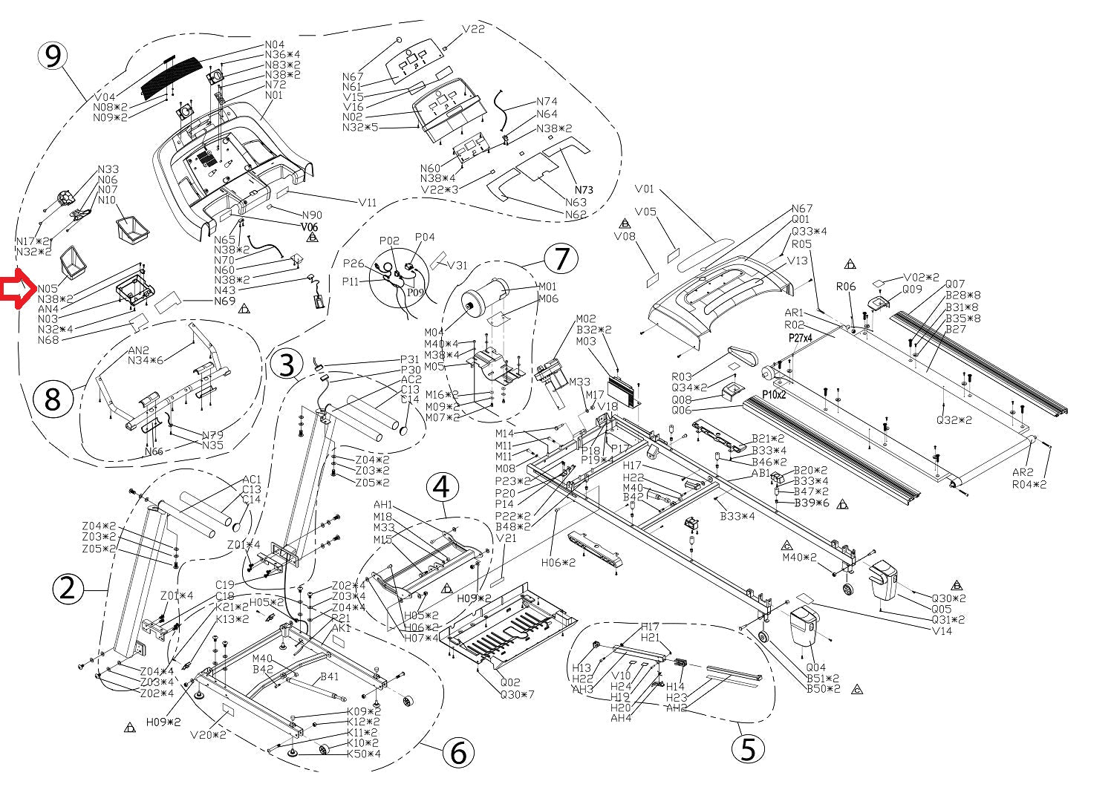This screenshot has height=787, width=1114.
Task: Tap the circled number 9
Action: tap(53, 57)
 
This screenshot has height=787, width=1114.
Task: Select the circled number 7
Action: tap(561, 258)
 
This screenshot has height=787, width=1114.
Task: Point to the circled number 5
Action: tap(748, 748)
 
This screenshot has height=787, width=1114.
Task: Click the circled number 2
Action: tap(68, 589)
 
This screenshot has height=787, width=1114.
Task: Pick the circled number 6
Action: tap(458, 753)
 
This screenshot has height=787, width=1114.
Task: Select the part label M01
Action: tap(547, 287)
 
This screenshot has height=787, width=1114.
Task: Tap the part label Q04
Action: tap(815, 667)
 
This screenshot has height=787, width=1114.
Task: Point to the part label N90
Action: tap(311, 215)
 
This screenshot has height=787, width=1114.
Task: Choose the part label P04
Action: tap(425, 238)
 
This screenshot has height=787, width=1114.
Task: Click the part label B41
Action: tap(330, 676)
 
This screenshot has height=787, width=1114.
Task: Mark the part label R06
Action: tap(846, 286)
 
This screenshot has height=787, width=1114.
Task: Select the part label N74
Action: tap(547, 102)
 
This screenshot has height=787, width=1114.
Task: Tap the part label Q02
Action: tap(510, 682)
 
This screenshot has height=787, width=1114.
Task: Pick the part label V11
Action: tap(368, 202)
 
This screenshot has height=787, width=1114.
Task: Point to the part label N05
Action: tap(48, 289)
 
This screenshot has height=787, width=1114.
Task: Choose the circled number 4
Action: tap(441, 488)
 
